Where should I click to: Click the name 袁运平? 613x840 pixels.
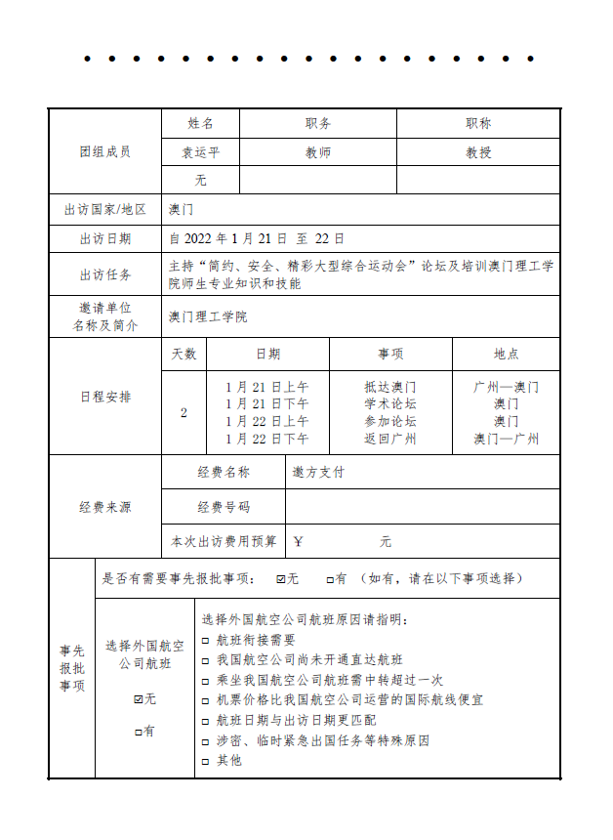[x=200, y=152]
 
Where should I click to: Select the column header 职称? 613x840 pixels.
[x=478, y=124]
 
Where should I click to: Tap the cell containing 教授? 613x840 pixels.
[x=478, y=152]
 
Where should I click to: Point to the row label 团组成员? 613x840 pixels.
[x=104, y=152]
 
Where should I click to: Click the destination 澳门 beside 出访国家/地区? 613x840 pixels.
[x=182, y=209]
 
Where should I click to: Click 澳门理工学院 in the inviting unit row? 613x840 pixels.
[x=208, y=316]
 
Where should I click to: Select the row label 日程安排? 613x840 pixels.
[x=104, y=398]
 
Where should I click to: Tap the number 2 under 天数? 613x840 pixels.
[x=184, y=413]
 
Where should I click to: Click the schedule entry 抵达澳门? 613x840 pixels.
[x=390, y=387]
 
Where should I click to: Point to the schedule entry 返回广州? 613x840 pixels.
[x=390, y=440]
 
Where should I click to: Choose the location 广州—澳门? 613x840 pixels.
[x=506, y=387]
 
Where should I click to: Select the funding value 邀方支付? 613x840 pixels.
[x=318, y=472]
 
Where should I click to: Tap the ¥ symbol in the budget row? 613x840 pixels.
[x=299, y=541]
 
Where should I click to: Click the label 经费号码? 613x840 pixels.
[x=223, y=507]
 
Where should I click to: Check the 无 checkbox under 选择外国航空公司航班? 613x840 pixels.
[x=138, y=699]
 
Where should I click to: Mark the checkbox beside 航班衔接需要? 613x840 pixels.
[x=205, y=641]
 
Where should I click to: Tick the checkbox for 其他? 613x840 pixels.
[x=205, y=761]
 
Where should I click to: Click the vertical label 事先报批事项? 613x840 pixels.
[x=72, y=669]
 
